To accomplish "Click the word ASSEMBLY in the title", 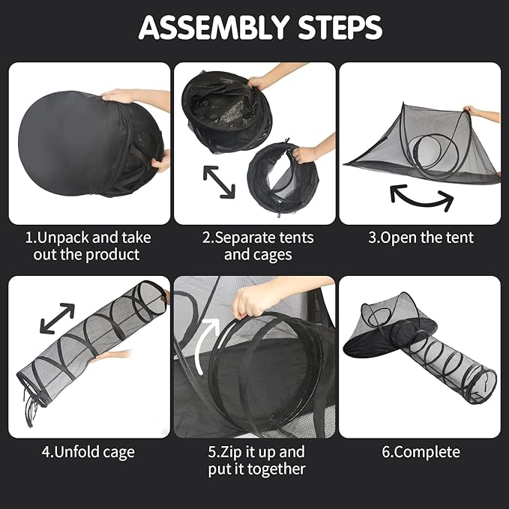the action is point(214,28).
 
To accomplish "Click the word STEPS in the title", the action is point(340,28).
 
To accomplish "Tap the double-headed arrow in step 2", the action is point(219,181).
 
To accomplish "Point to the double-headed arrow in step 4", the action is point(57,318).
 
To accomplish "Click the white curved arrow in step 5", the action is point(208,344).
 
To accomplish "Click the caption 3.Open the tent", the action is point(421,238).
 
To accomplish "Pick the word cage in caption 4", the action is point(118,452).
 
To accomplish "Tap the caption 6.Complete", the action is point(421,452).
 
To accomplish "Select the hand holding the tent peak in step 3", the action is point(474,111).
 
